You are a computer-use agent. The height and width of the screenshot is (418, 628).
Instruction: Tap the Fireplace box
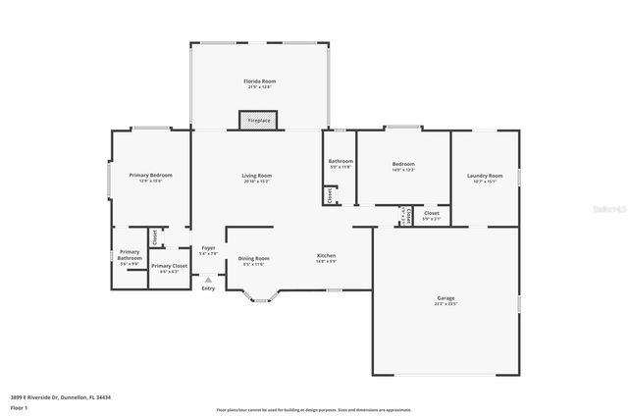point(258,121)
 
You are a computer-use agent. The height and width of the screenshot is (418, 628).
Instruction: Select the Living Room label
point(257,177)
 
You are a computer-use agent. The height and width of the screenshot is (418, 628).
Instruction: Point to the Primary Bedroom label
point(150,176)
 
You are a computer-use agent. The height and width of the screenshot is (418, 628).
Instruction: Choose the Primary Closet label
point(169,267)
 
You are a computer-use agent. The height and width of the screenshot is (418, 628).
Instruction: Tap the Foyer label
point(208,249)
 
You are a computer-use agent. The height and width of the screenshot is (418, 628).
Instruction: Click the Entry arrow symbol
point(208,280)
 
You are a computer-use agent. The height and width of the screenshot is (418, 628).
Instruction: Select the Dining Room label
point(254,260)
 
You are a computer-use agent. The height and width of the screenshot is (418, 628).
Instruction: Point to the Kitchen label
point(326,256)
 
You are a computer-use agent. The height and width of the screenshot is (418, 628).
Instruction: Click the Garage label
point(445,298)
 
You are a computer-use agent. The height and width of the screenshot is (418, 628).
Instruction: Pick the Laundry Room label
point(485,177)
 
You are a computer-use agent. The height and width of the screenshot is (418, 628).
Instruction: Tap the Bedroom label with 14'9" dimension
point(403,165)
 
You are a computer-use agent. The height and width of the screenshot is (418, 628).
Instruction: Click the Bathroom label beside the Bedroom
point(340,162)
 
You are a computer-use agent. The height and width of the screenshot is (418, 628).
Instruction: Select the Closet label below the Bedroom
point(432,213)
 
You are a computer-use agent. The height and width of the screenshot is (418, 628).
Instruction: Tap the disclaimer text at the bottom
point(314,409)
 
